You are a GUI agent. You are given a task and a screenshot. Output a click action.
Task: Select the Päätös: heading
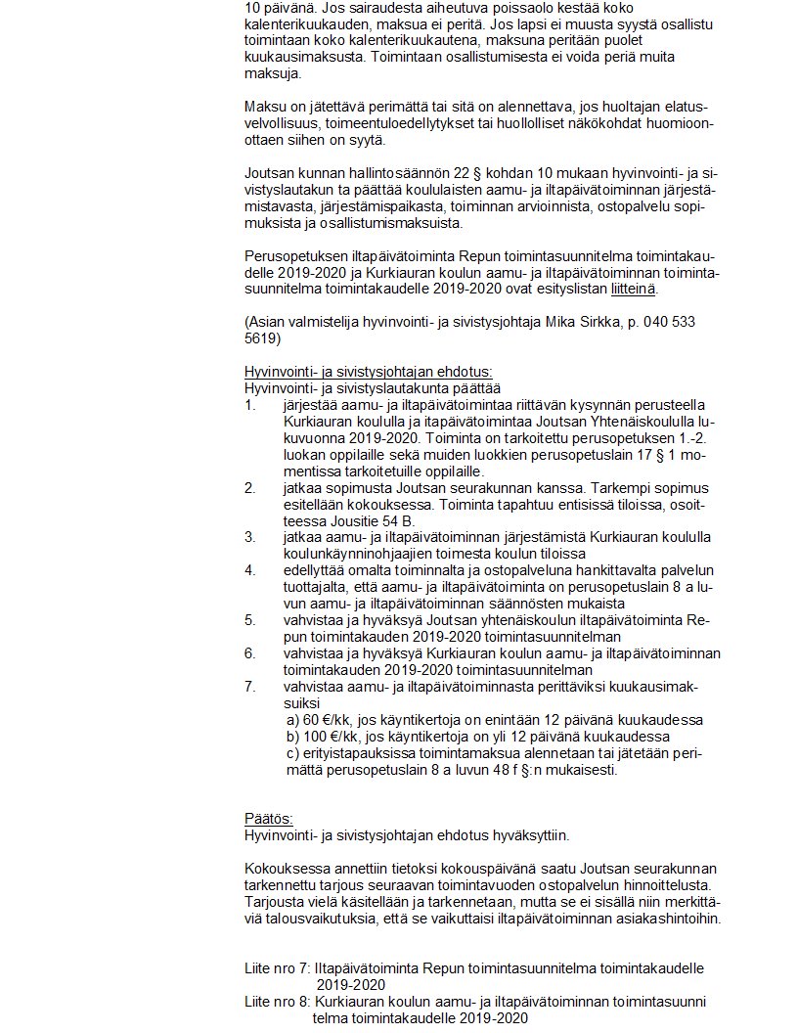tap(268, 819)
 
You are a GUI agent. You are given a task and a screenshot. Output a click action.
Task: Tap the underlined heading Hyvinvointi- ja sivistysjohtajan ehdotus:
tap(369, 372)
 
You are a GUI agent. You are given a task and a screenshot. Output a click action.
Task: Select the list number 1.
tap(249, 405)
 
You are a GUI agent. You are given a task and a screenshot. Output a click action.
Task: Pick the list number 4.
tap(249, 569)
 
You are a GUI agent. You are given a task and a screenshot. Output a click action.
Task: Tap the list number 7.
tap(249, 686)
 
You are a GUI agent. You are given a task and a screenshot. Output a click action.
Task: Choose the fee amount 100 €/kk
tap(322, 736)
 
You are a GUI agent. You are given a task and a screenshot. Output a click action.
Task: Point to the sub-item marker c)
tap(291, 753)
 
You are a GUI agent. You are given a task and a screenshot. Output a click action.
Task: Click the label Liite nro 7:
tap(277, 968)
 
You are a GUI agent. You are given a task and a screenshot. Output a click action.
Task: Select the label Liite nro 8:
tap(277, 1002)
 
